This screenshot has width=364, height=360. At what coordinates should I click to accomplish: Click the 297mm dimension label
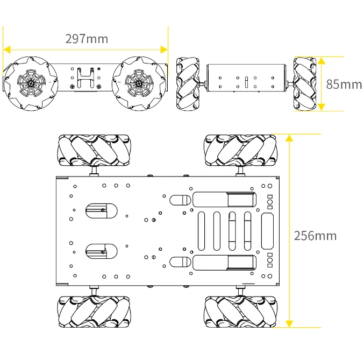86,39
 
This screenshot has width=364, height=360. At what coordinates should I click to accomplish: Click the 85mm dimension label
344,84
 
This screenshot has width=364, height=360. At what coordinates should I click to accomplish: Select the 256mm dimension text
315,236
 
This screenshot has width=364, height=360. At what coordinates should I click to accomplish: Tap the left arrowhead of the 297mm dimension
7,50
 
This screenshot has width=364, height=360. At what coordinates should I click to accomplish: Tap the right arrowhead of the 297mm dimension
164,50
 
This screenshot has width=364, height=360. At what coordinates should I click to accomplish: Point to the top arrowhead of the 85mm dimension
321,60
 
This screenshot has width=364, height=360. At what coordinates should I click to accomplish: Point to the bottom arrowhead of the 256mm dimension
289,323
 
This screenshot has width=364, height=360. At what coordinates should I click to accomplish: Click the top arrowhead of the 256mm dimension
289,138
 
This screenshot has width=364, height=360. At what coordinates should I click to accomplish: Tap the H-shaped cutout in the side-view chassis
85,78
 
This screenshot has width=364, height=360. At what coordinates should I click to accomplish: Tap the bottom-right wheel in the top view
240,312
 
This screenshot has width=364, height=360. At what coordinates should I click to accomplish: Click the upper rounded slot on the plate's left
101,210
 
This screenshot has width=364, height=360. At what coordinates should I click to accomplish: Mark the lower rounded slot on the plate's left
101,251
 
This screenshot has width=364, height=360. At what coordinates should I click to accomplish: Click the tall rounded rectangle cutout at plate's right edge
268,231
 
